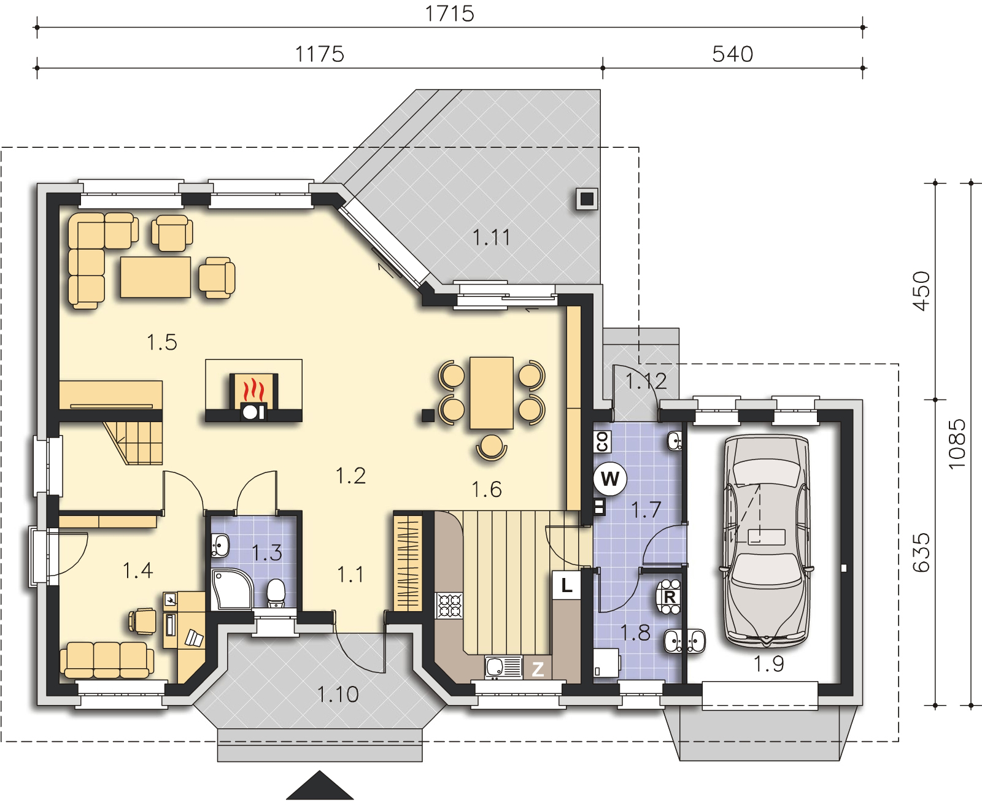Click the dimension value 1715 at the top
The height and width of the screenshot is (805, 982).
click(x=449, y=13)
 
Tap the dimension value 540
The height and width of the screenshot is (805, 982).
click(x=732, y=54)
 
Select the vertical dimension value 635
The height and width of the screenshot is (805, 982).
click(x=921, y=552)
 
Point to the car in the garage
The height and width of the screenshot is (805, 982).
click(x=767, y=541)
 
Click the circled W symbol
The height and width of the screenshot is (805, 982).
click(x=610, y=478)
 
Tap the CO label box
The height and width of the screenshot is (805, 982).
click(x=601, y=441)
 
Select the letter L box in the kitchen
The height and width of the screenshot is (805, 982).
click(x=566, y=585)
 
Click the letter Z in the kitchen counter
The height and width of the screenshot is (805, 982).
click(x=537, y=669)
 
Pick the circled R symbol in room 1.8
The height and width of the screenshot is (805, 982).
click(x=669, y=596)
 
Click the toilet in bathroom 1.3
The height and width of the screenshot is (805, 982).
click(x=276, y=593)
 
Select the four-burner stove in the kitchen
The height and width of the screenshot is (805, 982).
click(x=449, y=605)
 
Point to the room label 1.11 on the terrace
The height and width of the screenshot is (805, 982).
click(x=491, y=237)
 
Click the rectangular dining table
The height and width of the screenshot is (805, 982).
click(x=491, y=393)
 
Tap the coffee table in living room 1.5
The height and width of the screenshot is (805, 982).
click(x=155, y=277)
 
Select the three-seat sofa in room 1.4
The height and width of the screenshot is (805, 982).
click(x=107, y=660)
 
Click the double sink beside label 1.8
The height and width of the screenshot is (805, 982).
click(x=684, y=641)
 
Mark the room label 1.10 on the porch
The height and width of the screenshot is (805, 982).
click(x=338, y=695)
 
